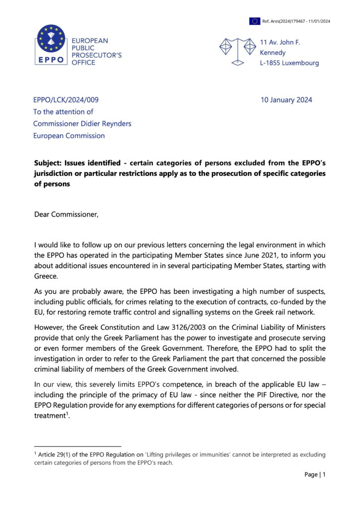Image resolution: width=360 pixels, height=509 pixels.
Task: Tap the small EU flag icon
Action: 255,21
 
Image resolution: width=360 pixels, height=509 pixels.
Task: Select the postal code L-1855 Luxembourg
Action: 289,63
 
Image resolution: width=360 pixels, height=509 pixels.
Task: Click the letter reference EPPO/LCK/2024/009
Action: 69,100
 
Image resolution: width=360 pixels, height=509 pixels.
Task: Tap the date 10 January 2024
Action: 286,100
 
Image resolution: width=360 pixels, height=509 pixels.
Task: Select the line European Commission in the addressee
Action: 69,136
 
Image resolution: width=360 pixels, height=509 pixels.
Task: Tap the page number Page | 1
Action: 315,475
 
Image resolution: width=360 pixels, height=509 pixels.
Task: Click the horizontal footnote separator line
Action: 78,446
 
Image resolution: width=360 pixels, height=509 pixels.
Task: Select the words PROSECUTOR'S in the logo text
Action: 97,55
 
